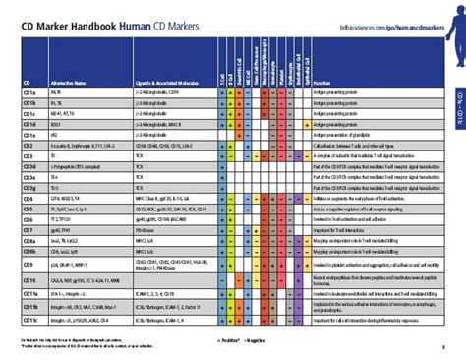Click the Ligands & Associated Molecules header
pyautogui.click(x=152, y=84)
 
